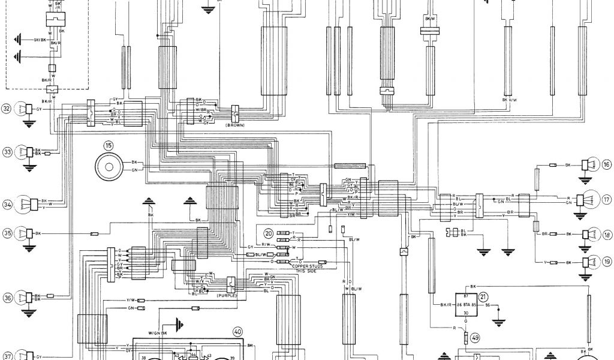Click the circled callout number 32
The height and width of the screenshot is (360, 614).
pyautogui.click(x=7, y=109)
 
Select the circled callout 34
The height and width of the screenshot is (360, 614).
pyautogui.click(x=7, y=206)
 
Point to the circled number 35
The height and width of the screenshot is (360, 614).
pyautogui.click(x=7, y=233)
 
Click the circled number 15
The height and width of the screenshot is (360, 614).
pyautogui.click(x=109, y=145)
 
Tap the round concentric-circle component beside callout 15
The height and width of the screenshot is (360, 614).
pyautogui.click(x=109, y=166)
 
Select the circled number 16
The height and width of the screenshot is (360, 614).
pyautogui.click(x=606, y=164)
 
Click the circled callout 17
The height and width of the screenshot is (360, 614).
pyautogui.click(x=606, y=200)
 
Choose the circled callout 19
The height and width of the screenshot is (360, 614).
pyautogui.click(x=606, y=262)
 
